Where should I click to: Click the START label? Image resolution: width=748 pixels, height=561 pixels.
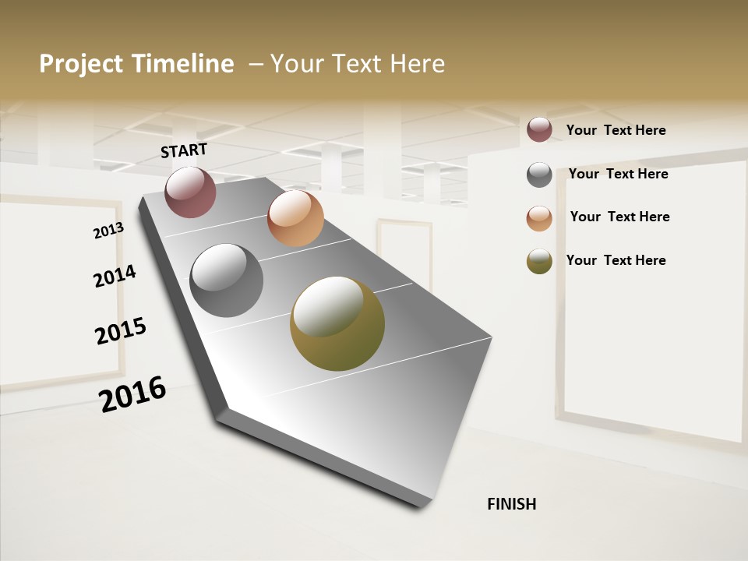click(x=184, y=150)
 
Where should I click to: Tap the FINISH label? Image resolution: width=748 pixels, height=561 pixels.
click(x=512, y=504)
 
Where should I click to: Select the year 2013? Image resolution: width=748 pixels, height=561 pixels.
click(x=108, y=231)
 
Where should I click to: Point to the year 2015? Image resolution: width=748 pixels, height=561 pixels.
click(x=121, y=330)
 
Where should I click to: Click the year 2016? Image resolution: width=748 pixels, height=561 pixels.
click(x=132, y=393)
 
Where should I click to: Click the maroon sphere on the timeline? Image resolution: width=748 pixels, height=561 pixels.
click(x=190, y=192)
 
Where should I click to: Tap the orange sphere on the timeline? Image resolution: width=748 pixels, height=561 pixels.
click(x=295, y=218)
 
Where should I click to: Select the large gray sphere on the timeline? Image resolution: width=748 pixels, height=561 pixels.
click(x=227, y=280)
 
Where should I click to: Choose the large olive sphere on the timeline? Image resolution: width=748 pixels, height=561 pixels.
click(x=337, y=323)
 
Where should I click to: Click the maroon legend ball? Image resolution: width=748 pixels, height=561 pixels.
click(x=539, y=129)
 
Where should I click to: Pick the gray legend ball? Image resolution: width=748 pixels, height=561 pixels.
click(x=539, y=175)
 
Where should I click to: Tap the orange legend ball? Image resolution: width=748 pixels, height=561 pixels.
click(x=539, y=218)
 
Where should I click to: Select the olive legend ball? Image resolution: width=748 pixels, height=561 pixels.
click(x=539, y=262)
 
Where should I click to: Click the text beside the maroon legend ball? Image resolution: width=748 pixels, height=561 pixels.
click(x=616, y=130)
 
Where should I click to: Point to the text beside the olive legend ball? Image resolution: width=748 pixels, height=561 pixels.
click(x=616, y=260)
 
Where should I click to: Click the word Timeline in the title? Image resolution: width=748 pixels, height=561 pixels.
click(x=183, y=64)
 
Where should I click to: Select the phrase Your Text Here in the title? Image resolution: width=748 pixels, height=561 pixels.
click(x=358, y=64)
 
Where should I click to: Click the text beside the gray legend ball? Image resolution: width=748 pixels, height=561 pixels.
click(x=618, y=174)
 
